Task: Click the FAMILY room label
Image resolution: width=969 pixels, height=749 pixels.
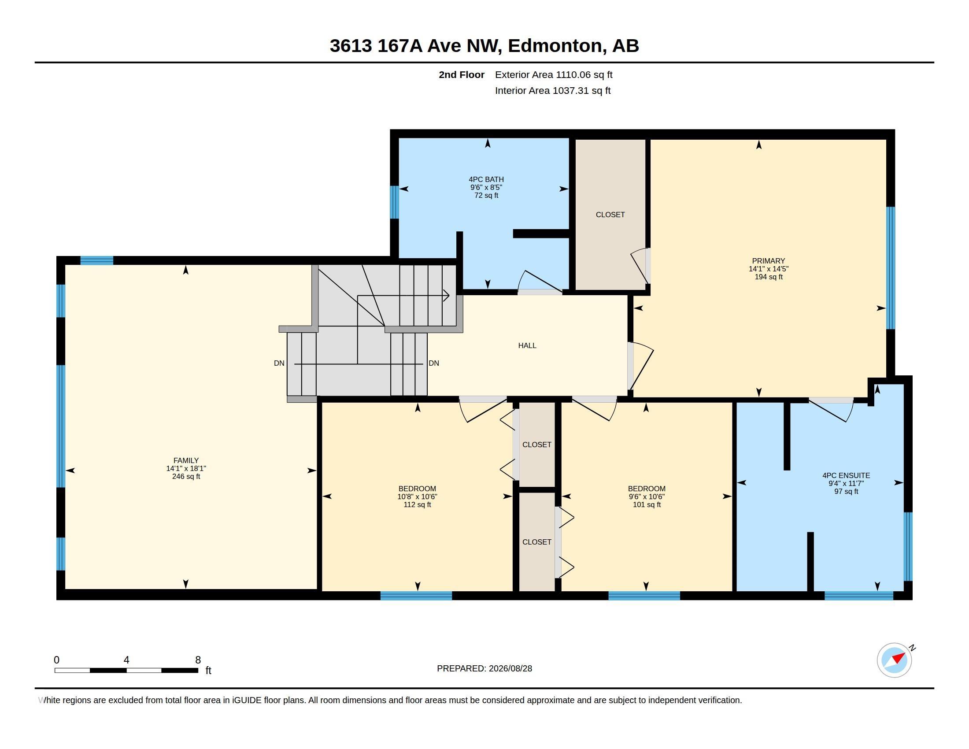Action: [x=186, y=460]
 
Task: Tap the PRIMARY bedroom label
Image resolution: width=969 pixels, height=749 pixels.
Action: [x=769, y=261]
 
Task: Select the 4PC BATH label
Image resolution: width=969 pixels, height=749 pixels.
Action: [x=486, y=179]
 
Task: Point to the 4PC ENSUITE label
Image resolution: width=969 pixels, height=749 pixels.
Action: [x=846, y=475]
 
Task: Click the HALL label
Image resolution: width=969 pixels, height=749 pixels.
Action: [x=527, y=345]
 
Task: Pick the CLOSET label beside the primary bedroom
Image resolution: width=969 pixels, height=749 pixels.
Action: [x=610, y=214]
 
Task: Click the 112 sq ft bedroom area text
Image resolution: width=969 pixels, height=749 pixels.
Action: [x=417, y=504]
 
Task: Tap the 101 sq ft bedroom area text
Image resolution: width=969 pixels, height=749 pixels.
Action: [x=647, y=504]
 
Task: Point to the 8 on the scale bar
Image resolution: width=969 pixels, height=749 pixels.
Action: [x=198, y=660]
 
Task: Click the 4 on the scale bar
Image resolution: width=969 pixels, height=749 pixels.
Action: [x=126, y=660]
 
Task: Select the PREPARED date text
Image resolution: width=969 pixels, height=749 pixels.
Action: [x=484, y=668]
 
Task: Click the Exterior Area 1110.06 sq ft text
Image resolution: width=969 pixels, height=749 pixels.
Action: [x=554, y=74]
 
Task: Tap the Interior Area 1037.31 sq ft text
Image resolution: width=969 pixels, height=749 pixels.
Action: [x=553, y=90]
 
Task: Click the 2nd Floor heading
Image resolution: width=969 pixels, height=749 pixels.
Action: [x=462, y=74]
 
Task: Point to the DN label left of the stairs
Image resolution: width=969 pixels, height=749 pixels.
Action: [x=279, y=363]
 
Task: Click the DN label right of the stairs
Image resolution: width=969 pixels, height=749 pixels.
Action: [x=434, y=363]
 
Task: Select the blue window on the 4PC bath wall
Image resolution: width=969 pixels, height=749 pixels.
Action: [x=395, y=202]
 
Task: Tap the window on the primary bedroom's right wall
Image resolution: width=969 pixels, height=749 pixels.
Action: [x=891, y=268]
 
